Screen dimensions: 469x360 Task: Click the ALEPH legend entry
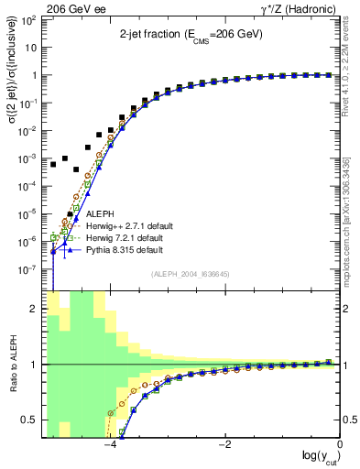pos(101,214)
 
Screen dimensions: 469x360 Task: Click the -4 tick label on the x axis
pos(110,444)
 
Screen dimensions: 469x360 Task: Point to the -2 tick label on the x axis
pos(225,444)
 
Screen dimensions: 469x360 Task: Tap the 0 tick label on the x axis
pos(340,444)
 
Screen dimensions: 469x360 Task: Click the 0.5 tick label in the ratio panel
pos(28,420)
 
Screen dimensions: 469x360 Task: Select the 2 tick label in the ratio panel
pos(34,309)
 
